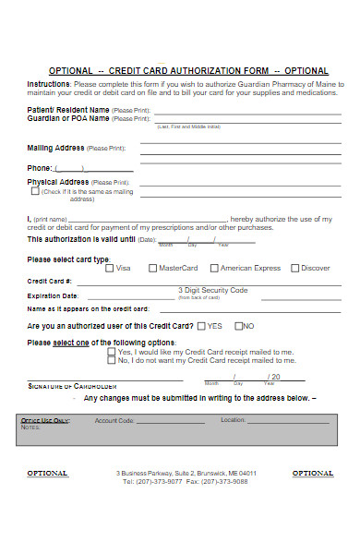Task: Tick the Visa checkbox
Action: (x=111, y=269)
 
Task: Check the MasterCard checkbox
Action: (x=153, y=269)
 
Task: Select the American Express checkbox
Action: (x=213, y=269)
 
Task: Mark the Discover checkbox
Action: (x=295, y=269)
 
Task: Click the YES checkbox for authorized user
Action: (x=202, y=326)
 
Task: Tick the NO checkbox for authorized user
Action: (x=239, y=326)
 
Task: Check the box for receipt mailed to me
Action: (x=112, y=352)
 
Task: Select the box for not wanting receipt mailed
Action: (x=112, y=361)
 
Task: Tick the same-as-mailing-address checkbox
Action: (x=35, y=191)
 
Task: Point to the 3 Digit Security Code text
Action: (x=212, y=290)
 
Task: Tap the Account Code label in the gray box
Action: (x=114, y=420)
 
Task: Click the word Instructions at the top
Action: (x=49, y=83)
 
